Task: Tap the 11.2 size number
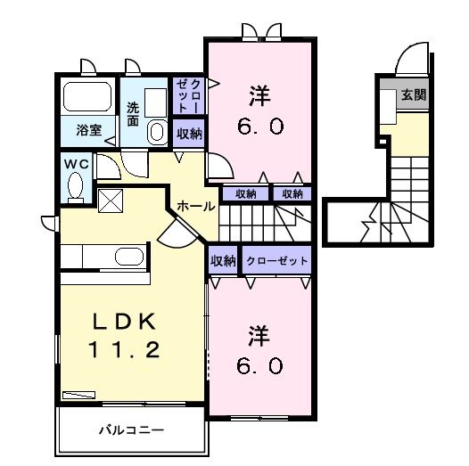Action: click(x=126, y=350)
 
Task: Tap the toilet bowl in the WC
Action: click(x=75, y=187)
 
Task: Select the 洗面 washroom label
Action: click(x=132, y=114)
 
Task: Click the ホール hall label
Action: click(x=195, y=206)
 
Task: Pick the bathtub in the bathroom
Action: click(x=87, y=99)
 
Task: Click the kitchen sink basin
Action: click(x=128, y=258)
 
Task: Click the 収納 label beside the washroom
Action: click(x=188, y=134)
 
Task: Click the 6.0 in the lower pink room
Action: click(x=259, y=365)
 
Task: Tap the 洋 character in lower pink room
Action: click(x=259, y=336)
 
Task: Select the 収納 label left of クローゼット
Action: click(x=223, y=261)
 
